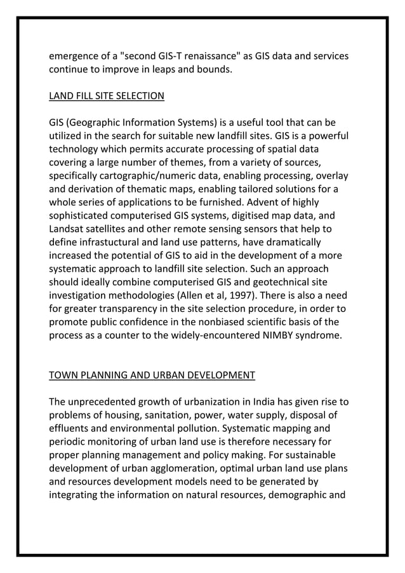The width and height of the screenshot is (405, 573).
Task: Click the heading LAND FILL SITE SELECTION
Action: (107, 96)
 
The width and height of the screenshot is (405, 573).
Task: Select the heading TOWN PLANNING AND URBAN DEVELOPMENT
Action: (152, 375)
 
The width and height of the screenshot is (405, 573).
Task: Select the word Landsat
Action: (67, 229)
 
